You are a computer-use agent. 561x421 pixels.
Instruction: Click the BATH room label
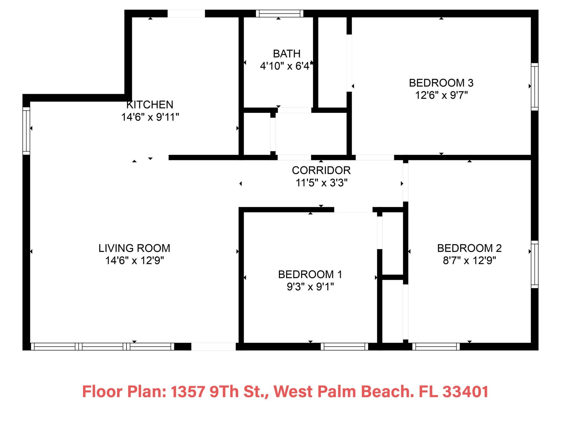click(x=287, y=54)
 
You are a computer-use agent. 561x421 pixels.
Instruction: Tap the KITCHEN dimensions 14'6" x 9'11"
click(x=150, y=117)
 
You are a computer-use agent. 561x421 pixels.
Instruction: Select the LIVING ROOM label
click(x=134, y=248)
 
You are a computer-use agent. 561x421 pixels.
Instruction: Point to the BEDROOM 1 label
click(x=310, y=275)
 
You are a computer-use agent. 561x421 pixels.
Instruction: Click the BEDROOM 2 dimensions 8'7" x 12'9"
click(x=469, y=260)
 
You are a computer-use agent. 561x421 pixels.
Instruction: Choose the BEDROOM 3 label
click(x=441, y=83)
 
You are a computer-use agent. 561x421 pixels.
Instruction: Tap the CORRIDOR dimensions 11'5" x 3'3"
click(x=321, y=183)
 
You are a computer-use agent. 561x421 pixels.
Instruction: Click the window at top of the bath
click(x=280, y=13)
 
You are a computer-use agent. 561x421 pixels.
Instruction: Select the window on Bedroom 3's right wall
click(x=534, y=87)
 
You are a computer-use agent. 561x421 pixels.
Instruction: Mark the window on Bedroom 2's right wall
click(x=534, y=264)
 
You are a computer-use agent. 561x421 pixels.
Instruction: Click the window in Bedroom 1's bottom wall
click(x=344, y=346)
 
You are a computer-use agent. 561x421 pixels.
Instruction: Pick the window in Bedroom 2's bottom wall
click(x=436, y=346)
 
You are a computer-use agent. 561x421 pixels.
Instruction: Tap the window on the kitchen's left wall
click(x=26, y=131)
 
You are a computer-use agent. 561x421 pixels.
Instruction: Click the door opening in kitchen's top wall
click(x=186, y=13)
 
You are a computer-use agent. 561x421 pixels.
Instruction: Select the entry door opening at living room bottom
click(x=213, y=346)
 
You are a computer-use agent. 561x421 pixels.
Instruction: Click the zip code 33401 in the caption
click(x=465, y=391)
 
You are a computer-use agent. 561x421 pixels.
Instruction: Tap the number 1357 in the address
click(x=188, y=391)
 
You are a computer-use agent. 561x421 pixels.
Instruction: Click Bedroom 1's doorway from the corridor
click(x=353, y=210)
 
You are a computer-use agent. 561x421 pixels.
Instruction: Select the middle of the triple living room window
click(x=103, y=346)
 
